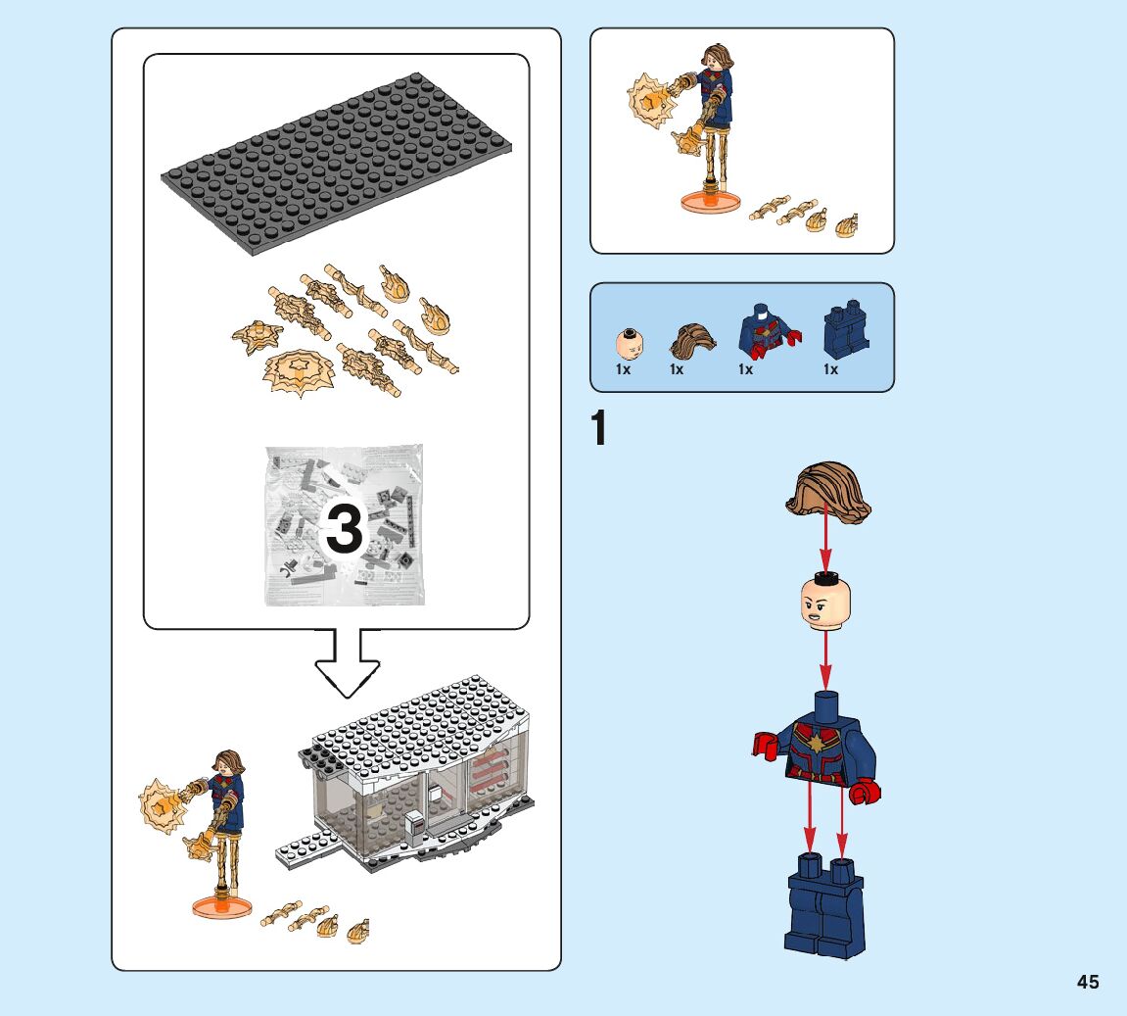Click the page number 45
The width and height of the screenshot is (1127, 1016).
(x=1088, y=983)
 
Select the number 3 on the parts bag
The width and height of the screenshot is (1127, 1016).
(x=344, y=531)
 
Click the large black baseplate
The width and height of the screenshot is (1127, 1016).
(x=338, y=166)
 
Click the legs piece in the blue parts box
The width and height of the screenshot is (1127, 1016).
(x=845, y=330)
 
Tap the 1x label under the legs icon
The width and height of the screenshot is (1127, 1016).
(x=830, y=370)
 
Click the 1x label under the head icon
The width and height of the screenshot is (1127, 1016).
(x=623, y=370)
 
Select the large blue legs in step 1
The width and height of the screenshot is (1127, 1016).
(x=824, y=906)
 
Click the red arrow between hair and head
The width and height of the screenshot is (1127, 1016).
(x=825, y=545)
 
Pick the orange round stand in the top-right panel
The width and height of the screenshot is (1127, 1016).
(x=707, y=201)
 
